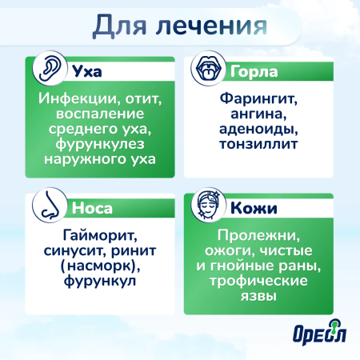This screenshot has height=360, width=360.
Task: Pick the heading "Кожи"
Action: point(254,210)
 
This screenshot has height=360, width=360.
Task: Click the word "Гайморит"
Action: point(98,237)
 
